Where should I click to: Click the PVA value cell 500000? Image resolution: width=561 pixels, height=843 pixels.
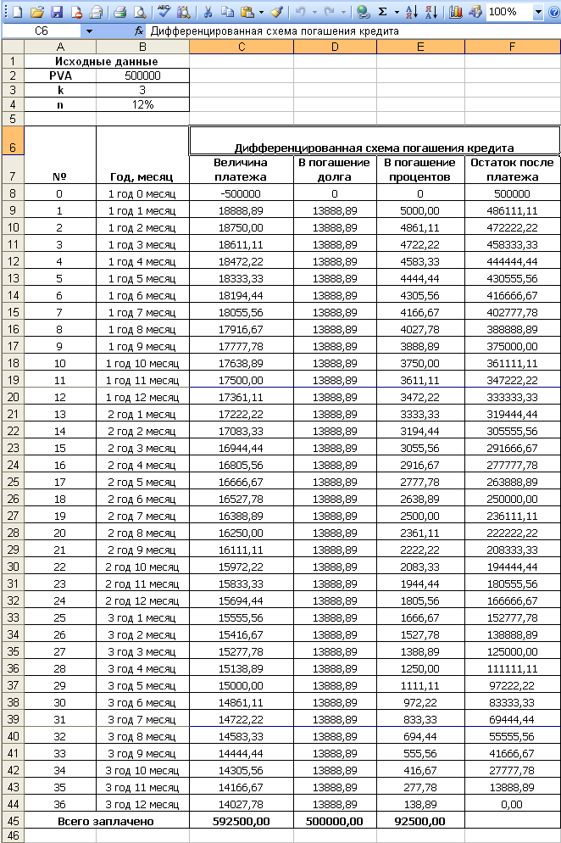[142, 75]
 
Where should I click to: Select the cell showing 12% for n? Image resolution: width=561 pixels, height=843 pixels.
[142, 104]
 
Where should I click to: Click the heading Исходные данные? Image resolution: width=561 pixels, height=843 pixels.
[106, 61]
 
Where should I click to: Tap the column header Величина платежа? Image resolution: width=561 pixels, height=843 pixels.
[241, 170]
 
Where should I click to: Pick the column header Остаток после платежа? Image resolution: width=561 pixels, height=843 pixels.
[512, 170]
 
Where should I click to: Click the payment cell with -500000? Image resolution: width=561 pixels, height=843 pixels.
[241, 193]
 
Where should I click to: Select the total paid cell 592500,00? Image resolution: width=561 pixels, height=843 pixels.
[241, 821]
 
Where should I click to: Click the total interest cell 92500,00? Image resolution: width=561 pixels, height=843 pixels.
[420, 821]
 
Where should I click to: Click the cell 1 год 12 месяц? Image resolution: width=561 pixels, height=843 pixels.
[142, 397]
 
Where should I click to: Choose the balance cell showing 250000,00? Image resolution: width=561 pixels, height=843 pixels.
[512, 499]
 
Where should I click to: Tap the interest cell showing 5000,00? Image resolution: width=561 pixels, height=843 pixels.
[420, 210]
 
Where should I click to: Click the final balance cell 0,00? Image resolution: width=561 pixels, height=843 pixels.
[512, 804]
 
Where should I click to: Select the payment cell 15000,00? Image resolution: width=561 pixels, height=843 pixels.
[241, 685]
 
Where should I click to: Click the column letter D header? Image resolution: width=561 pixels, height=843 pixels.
[335, 46]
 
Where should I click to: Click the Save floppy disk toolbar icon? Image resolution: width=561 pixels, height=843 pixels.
[57, 12]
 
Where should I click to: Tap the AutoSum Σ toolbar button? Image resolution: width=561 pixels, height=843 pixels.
[382, 12]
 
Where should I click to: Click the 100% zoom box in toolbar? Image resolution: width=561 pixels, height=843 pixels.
[508, 12]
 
